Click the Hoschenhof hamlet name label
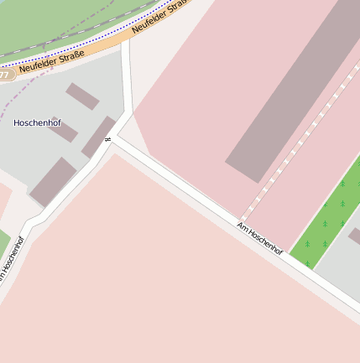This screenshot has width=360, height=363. [x=37, y=122]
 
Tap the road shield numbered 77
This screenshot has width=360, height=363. [x=5, y=75]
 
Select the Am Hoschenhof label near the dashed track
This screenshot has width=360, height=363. [x=259, y=239]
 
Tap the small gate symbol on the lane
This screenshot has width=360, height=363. [x=107, y=139]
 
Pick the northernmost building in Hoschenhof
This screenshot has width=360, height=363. [x=82, y=96]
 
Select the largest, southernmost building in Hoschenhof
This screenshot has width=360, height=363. [x=53, y=181]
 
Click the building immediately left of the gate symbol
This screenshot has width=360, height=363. [x=97, y=137]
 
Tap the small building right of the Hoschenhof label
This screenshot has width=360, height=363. [x=65, y=129]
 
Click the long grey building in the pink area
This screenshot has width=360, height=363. [x=294, y=92]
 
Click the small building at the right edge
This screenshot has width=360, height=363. [x=355, y=236]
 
